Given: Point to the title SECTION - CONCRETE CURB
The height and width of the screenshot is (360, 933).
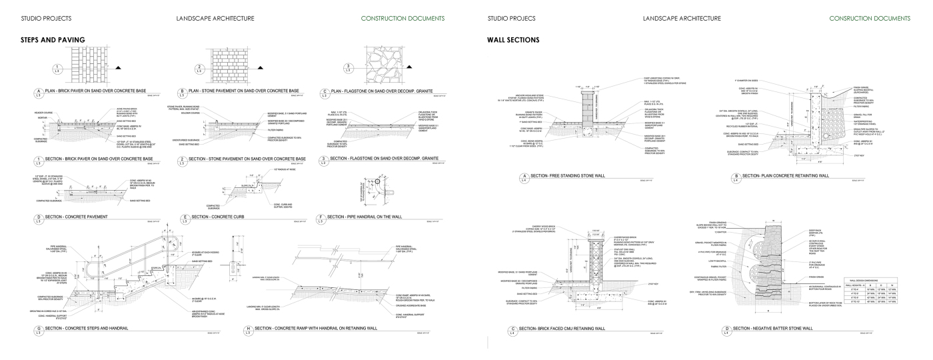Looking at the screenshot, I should [x=223, y=217].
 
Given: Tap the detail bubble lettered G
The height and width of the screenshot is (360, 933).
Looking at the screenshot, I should [x=32, y=329].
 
